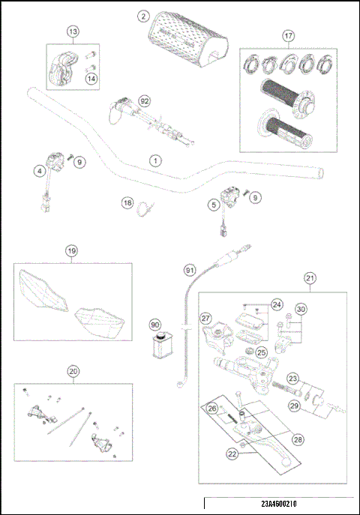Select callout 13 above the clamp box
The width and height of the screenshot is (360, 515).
pyautogui.click(x=73, y=32)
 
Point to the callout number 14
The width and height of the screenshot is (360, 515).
pyautogui.click(x=91, y=78)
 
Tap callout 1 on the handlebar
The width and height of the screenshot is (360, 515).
pyautogui.click(x=154, y=160)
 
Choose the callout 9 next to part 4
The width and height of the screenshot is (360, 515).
pyautogui.click(x=80, y=162)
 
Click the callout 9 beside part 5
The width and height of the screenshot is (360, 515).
pyautogui.click(x=256, y=197)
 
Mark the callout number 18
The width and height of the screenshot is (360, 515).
pyautogui.click(x=127, y=202)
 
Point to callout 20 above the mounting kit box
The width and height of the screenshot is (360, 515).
pyautogui.click(x=73, y=370)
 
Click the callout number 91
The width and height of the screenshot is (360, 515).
pyautogui.click(x=190, y=269)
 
